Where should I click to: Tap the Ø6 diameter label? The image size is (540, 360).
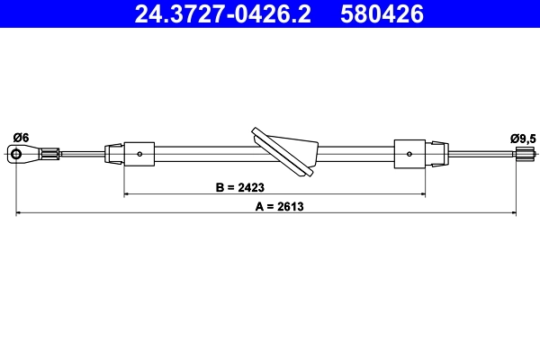click(21, 137)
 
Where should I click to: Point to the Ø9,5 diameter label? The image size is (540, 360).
click(522, 138)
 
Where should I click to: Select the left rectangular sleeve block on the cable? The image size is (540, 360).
click(139, 154)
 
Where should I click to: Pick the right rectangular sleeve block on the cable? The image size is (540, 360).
click(409, 154)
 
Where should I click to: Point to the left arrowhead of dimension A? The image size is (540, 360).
click(20, 213)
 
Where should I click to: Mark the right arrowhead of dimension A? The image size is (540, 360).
click(514, 213)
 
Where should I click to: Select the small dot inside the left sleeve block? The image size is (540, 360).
click(142, 154)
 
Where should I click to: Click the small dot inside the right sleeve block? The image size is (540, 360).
click(410, 154)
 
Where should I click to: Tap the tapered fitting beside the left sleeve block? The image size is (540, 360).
click(114, 154)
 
